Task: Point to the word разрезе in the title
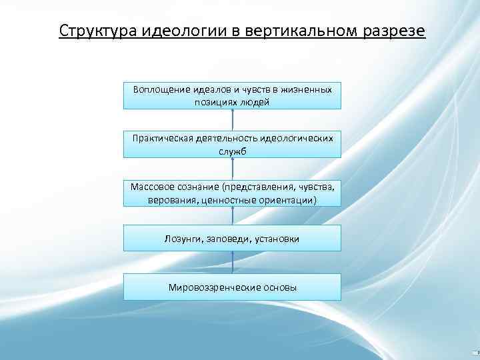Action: coord(393,31)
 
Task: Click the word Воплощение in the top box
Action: coord(160,89)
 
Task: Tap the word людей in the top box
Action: coord(257,102)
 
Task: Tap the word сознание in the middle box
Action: coord(201,186)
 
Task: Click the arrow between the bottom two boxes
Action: coord(233,262)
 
